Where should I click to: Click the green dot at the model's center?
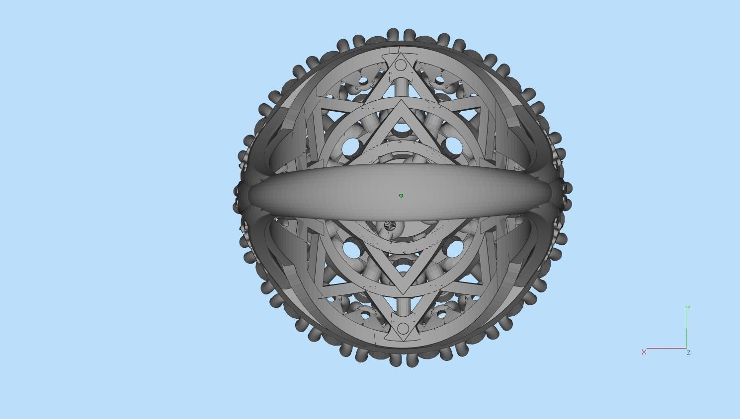[x=401, y=196]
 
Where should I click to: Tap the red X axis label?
[x=644, y=352]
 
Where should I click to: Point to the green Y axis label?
[x=688, y=308]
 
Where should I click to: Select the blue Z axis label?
[x=689, y=352]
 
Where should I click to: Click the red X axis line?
[x=666, y=348]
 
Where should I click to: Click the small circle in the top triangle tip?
[x=402, y=66]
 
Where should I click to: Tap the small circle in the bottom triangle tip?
[x=403, y=329]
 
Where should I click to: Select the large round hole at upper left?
[x=351, y=146]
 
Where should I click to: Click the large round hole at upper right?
[x=453, y=145]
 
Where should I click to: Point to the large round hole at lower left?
[x=351, y=247]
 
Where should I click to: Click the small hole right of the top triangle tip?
[x=439, y=80]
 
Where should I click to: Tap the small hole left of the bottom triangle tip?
[x=366, y=315]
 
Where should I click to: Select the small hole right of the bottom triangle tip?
[x=440, y=314]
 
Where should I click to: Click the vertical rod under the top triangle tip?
[x=402, y=89]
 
